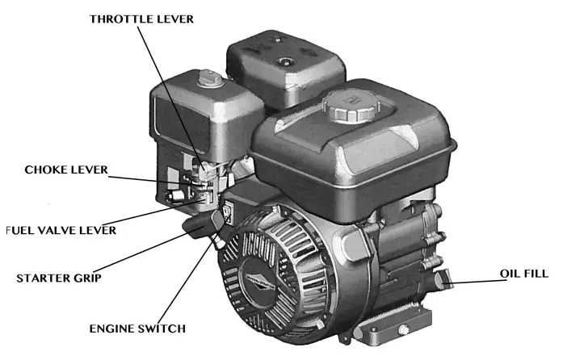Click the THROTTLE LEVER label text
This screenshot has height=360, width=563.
click(x=141, y=19)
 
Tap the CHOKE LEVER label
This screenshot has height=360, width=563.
click(x=66, y=170)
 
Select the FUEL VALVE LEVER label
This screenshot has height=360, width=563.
click(x=61, y=230)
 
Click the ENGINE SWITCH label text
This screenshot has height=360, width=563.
click(x=138, y=329)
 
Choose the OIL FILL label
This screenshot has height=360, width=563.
click(x=523, y=274)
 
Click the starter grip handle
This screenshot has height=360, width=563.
click(x=203, y=225)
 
